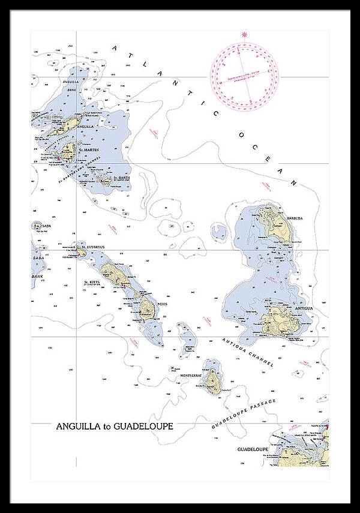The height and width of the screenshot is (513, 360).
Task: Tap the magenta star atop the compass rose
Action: [244, 35]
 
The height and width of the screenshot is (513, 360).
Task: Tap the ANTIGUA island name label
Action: [304, 308]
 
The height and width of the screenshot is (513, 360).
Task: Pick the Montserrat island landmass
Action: [211, 380]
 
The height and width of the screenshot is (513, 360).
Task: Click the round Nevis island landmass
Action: [147, 308]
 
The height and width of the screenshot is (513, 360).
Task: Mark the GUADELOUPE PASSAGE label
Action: [243, 414]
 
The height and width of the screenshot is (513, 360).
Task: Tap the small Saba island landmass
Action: [37, 227]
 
